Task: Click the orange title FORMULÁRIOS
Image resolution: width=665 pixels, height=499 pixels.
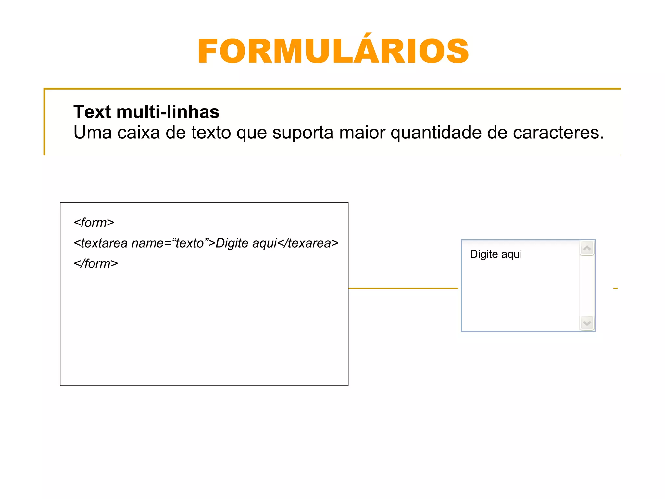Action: click(x=333, y=51)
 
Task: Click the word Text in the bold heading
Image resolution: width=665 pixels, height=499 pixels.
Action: click(x=92, y=112)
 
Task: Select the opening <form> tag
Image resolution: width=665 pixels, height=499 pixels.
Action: click(x=94, y=223)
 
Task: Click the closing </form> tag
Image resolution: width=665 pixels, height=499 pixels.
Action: click(x=96, y=263)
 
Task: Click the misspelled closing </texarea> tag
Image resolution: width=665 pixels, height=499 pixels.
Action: click(x=308, y=243)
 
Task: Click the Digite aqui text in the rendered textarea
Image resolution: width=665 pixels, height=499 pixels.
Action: click(x=496, y=254)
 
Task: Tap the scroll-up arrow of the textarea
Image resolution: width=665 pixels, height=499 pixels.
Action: click(x=587, y=249)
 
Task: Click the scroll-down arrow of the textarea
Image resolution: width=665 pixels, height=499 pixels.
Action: click(x=587, y=323)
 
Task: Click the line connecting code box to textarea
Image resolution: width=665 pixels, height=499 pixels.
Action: click(x=403, y=288)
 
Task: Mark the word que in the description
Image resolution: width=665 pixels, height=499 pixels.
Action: click(x=252, y=133)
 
